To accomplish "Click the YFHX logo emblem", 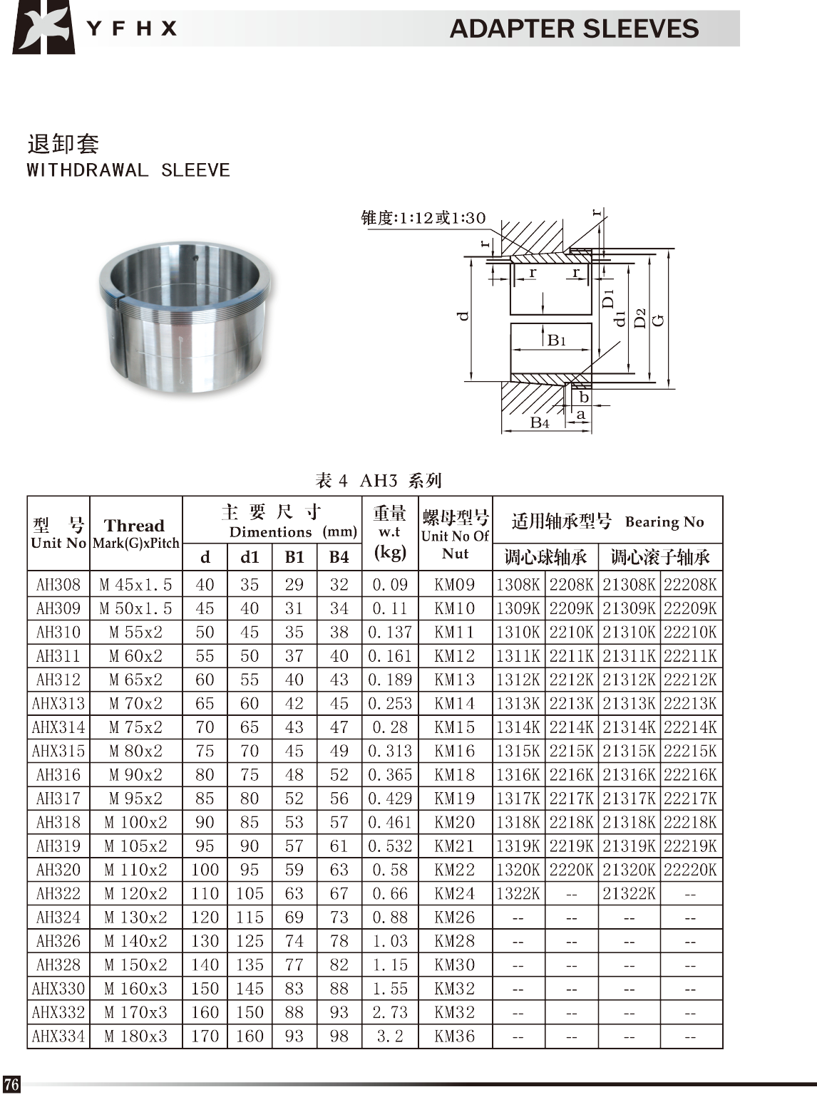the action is (x=43, y=27).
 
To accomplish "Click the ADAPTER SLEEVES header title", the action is (x=574, y=28).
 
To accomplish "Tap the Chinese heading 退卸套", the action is (x=63, y=144).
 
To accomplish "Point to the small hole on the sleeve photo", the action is (x=196, y=258).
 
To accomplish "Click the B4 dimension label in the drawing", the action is (x=540, y=422).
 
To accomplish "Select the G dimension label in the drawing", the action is (x=658, y=320).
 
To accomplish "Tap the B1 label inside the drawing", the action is (x=557, y=340).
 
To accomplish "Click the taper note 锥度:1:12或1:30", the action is (x=423, y=218).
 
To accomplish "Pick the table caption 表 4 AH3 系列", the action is (x=379, y=480).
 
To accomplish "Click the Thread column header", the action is (x=134, y=525).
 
